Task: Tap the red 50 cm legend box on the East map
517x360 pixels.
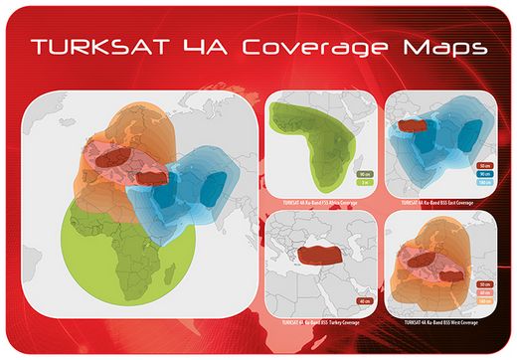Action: [x=486, y=165]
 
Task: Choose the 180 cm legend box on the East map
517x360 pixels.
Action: [x=486, y=184]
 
